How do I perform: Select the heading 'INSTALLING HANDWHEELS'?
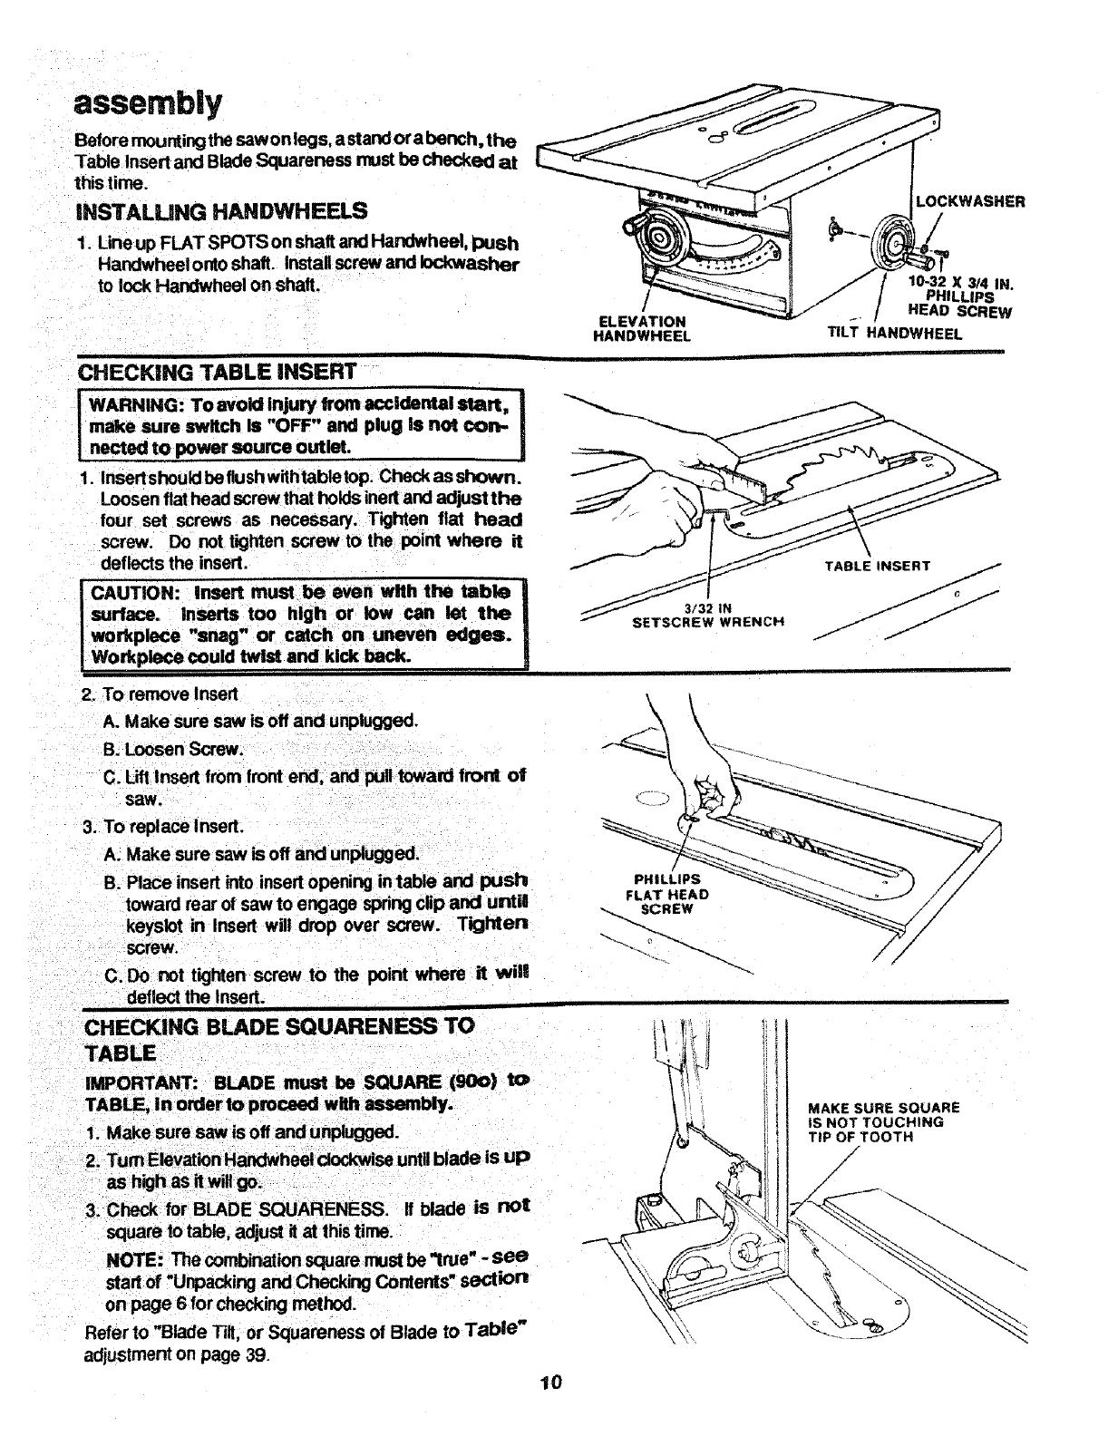pos(222,210)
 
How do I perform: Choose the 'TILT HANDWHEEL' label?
pos(894,333)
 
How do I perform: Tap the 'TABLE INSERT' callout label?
pos(877,567)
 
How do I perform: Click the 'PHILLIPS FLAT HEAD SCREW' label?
pos(667,894)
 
